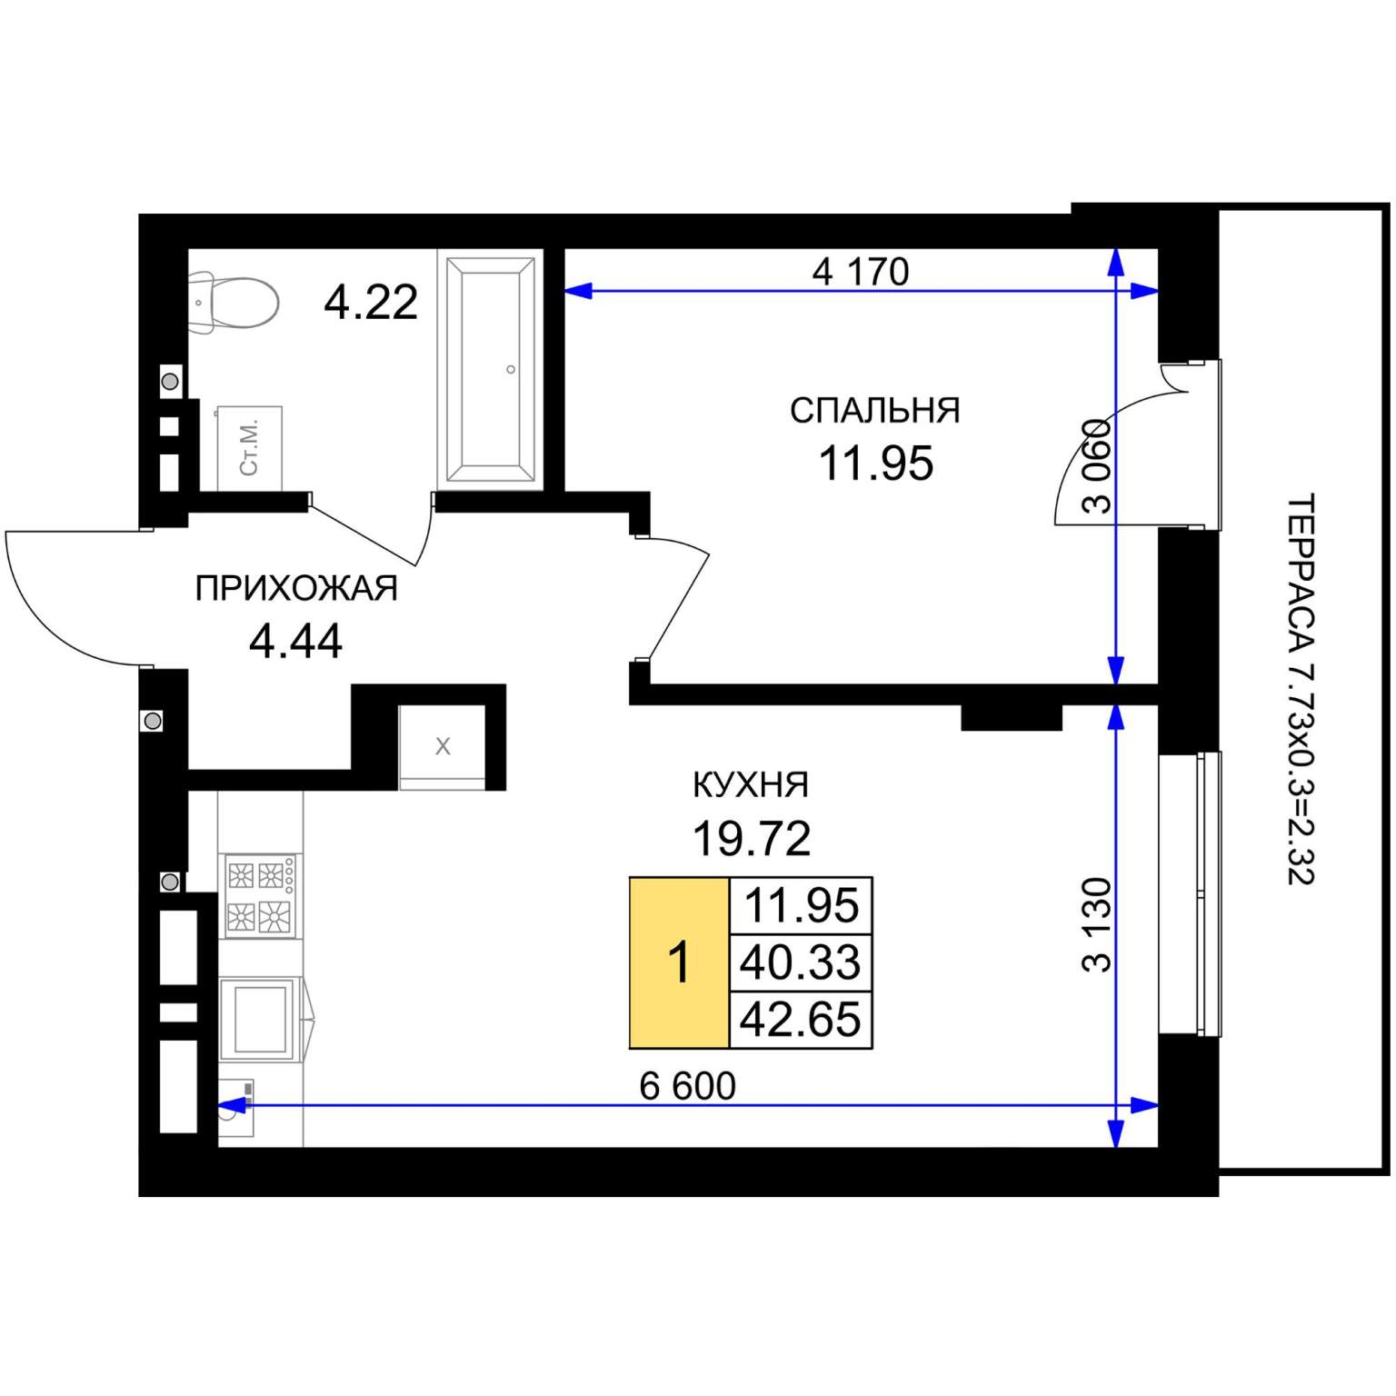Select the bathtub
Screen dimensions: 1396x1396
pyautogui.click(x=490, y=370)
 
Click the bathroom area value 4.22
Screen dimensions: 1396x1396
pyautogui.click(x=371, y=302)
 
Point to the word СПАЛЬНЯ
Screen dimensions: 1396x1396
pyautogui.click(x=874, y=411)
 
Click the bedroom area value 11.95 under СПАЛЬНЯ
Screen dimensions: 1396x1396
pyautogui.click(x=875, y=464)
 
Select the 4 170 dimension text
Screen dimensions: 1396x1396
pyautogui.click(x=860, y=271)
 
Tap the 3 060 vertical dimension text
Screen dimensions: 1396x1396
pyautogui.click(x=1098, y=466)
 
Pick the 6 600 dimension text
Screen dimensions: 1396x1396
pyautogui.click(x=687, y=1086)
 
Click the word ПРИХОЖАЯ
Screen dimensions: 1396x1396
pyautogui.click(x=296, y=589)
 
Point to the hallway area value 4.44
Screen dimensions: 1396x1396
pyautogui.click(x=295, y=642)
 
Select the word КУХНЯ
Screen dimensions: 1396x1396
pyautogui.click(x=751, y=784)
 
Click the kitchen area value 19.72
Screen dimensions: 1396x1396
pyautogui.click(x=752, y=838)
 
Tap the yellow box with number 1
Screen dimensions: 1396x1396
pyautogui.click(x=679, y=962)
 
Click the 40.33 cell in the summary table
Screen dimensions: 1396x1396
pyautogui.click(x=801, y=962)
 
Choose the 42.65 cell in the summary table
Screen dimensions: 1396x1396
pyautogui.click(x=801, y=1019)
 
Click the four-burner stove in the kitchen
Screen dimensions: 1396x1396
pyautogui.click(x=261, y=896)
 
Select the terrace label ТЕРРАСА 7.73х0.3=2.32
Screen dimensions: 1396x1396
pyautogui.click(x=1301, y=689)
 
